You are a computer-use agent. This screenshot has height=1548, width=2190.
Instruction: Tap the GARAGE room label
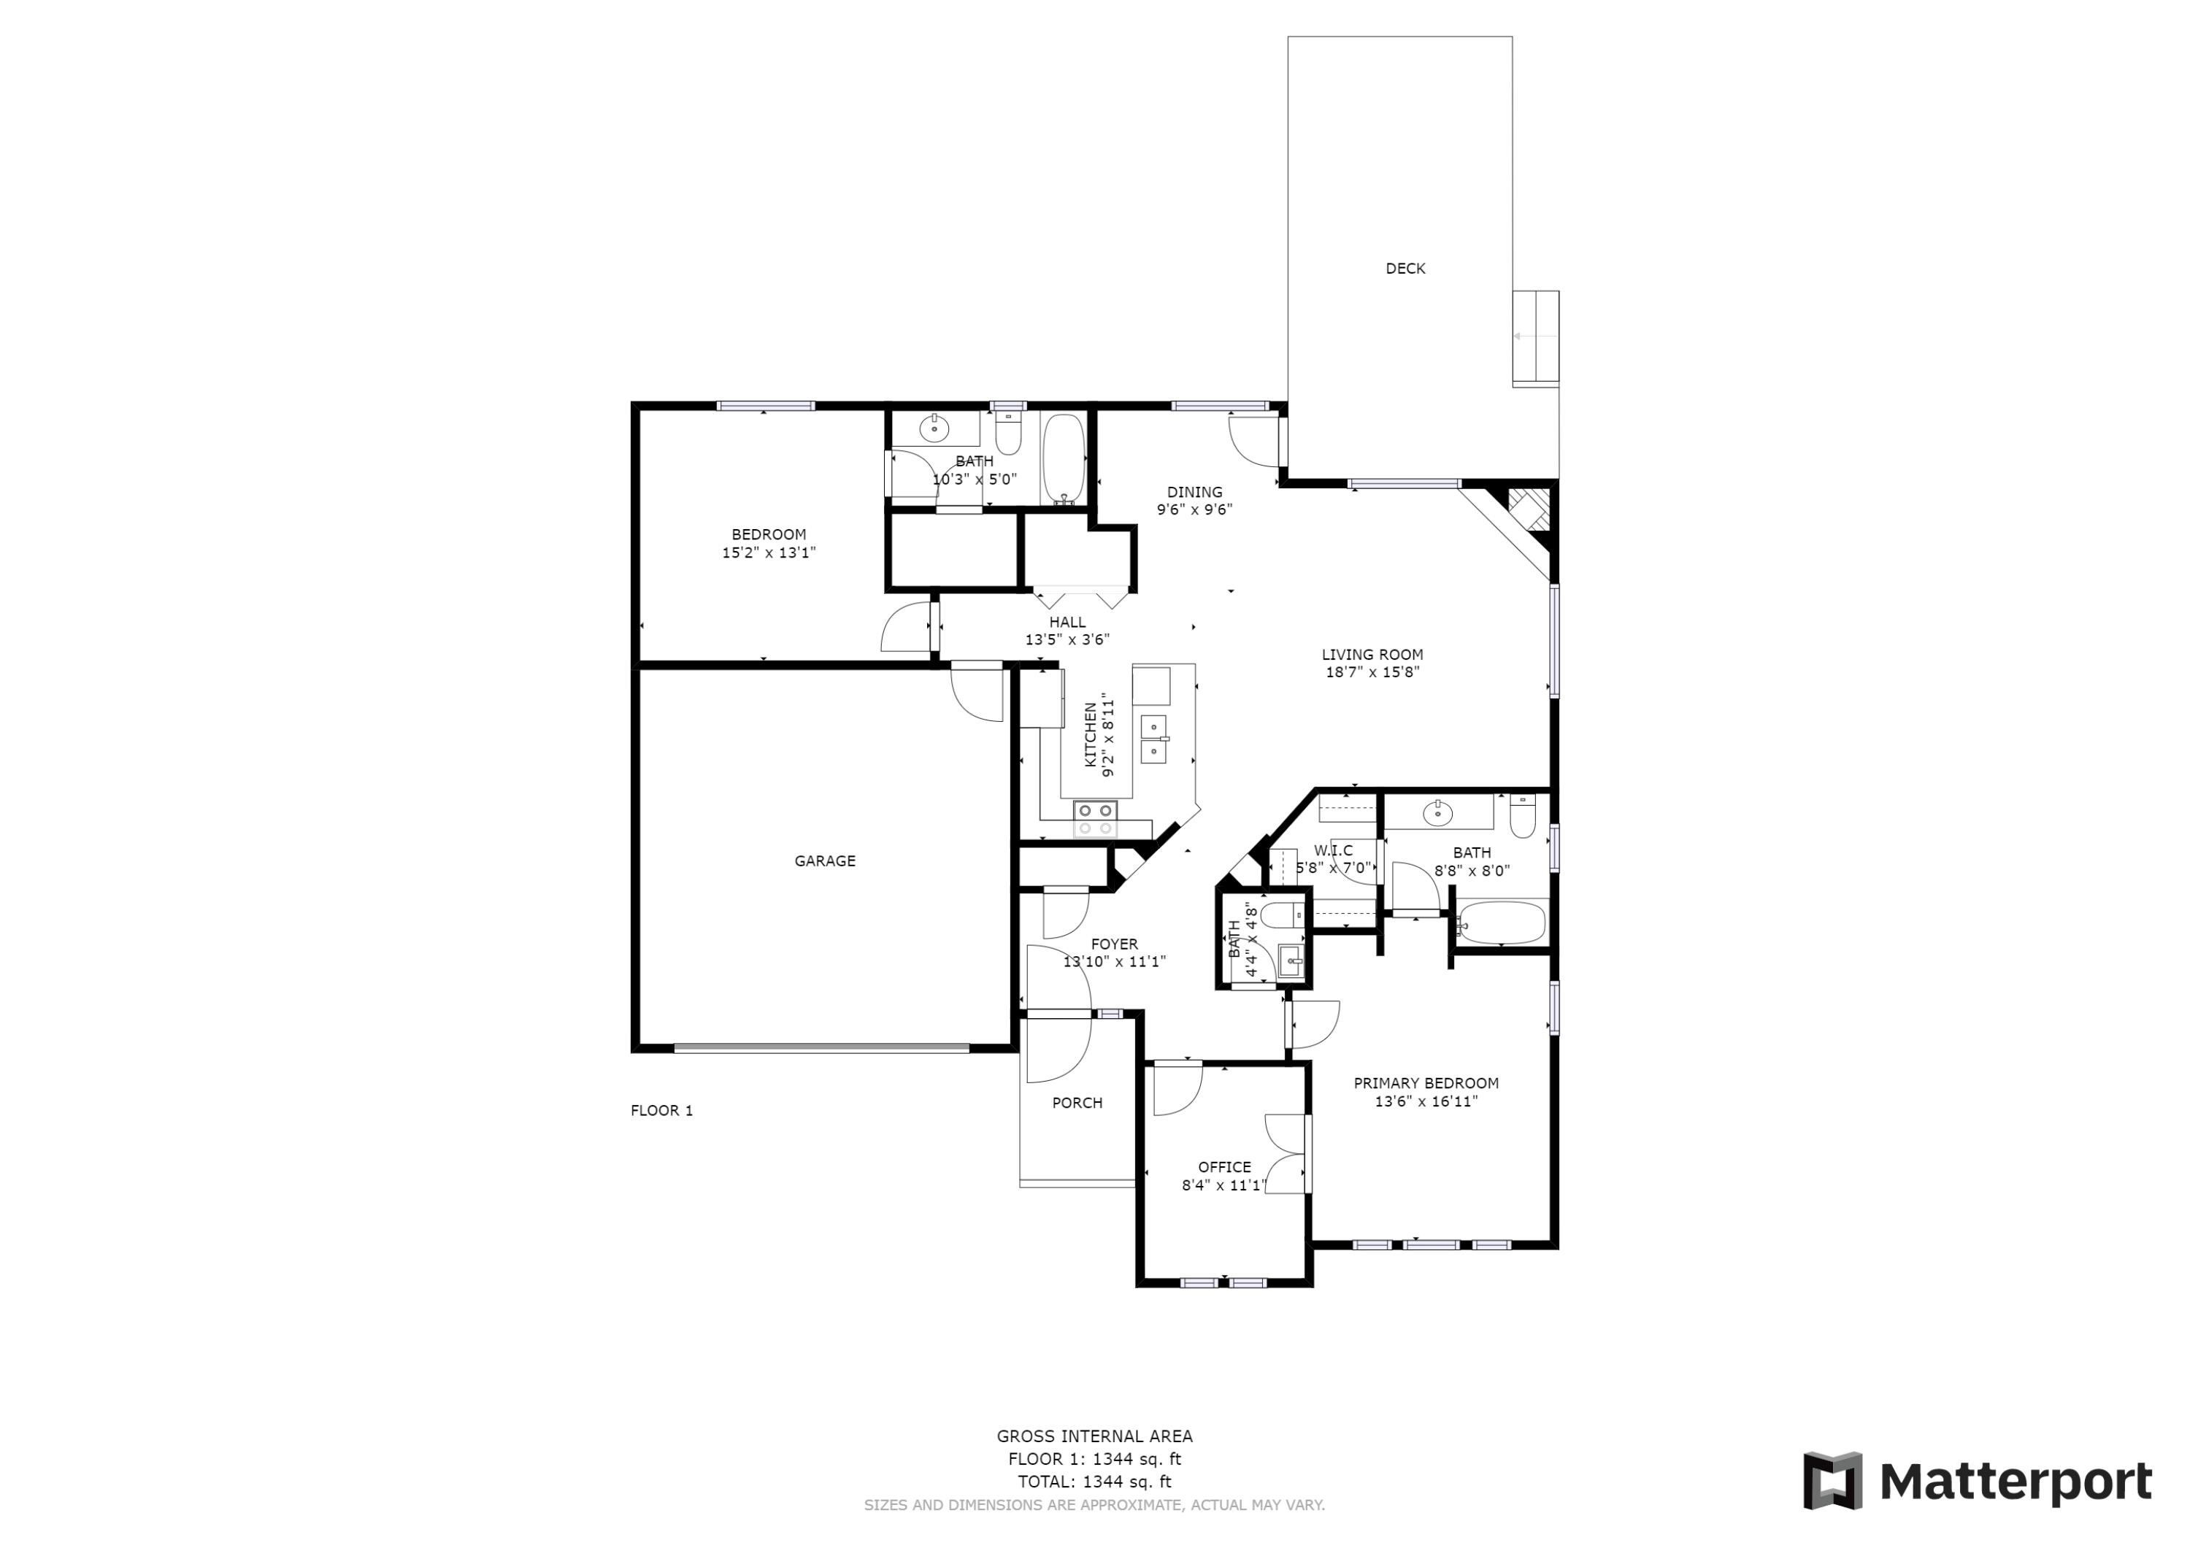pos(824,861)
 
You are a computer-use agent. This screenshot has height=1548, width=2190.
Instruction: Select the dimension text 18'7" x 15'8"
pos(1372,672)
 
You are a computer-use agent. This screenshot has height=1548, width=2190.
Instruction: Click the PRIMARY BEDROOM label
pos(1425,1084)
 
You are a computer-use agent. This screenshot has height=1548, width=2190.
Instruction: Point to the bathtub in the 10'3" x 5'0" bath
pos(1064,459)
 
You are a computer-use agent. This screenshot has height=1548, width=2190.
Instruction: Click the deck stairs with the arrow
pos(1534,336)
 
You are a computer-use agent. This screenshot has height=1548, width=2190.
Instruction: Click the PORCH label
pos(1077,1103)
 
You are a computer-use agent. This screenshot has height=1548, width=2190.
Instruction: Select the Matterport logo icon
pos(1832,1482)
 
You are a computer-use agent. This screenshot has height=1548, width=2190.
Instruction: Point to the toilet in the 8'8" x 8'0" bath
pos(1522,817)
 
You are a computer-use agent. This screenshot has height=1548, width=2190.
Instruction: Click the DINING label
pos(1194,492)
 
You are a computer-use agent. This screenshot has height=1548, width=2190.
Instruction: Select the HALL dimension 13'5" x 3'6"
pos(1067,640)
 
